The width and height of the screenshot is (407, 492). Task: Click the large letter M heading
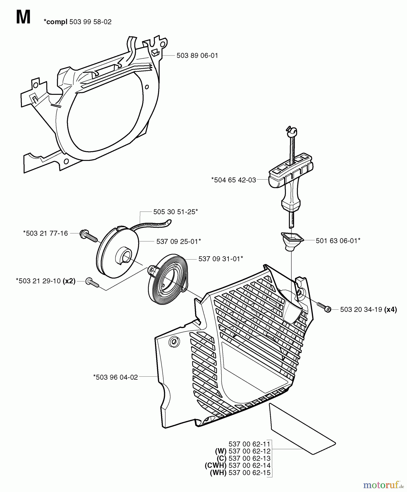click(23, 18)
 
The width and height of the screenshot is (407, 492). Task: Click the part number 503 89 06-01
click(197, 56)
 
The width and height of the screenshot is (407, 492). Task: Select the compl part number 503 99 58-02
click(90, 22)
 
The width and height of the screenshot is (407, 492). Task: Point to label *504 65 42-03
click(234, 180)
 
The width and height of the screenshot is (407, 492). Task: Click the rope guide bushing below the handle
click(292, 240)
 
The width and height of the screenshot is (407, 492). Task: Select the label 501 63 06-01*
click(338, 241)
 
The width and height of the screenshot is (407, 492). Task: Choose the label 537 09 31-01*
click(221, 259)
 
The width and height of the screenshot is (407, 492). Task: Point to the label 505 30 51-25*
click(175, 212)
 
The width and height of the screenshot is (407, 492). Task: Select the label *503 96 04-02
click(115, 377)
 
